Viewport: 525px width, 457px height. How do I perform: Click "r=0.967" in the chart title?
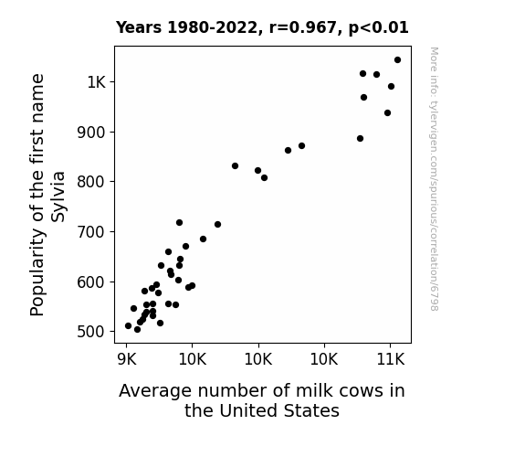pyautogui.click(x=303, y=27)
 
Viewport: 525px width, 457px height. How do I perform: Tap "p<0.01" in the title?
pyautogui.click(x=378, y=28)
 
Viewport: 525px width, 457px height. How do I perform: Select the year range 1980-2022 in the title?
pyautogui.click(x=212, y=27)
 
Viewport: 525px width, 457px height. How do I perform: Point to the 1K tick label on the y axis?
pyautogui.click(x=97, y=82)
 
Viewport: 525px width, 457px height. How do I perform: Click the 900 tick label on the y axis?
pyautogui.click(x=91, y=133)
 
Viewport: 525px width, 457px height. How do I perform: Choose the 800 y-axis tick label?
pyautogui.click(x=91, y=182)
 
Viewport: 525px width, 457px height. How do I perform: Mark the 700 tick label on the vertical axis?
pyautogui.click(x=91, y=231)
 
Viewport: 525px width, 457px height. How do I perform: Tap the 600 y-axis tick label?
pyautogui.click(x=91, y=282)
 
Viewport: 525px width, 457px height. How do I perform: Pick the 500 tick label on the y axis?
pyautogui.click(x=91, y=332)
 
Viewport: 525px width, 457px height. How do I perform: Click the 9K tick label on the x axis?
pyautogui.click(x=127, y=359)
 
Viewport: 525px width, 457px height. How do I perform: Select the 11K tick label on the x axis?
pyautogui.click(x=391, y=359)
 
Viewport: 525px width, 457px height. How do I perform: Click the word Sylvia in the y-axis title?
pyautogui.click(x=58, y=197)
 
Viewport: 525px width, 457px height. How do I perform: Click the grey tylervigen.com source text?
pyautogui.click(x=434, y=179)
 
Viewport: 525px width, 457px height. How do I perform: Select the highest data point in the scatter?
pyautogui.click(x=397, y=60)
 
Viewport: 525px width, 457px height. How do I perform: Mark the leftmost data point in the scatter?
pyautogui.click(x=128, y=326)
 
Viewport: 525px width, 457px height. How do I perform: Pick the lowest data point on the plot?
pyautogui.click(x=137, y=330)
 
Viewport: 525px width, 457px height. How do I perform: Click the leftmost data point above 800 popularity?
pyautogui.click(x=235, y=166)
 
